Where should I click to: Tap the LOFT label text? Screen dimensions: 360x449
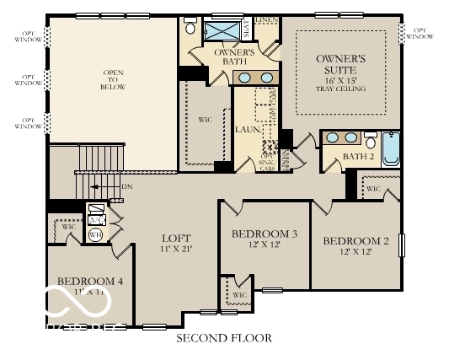coord(177,239)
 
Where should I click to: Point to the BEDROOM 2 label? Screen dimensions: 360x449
coord(356,241)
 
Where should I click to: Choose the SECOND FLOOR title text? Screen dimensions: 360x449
coord(223,338)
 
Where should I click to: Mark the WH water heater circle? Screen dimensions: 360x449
coord(95,235)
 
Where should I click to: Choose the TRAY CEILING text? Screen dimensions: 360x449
coord(340,88)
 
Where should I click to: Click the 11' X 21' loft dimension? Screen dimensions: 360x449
coord(177,250)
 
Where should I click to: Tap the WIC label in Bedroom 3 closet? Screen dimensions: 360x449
coord(239,295)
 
